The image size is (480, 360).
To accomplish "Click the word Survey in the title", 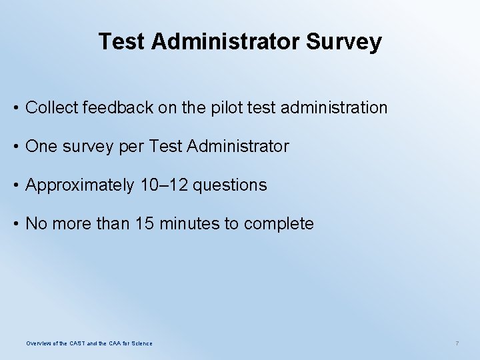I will (344, 42).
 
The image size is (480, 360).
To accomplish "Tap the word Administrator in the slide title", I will (226, 42).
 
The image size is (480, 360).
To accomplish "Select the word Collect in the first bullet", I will (51, 107).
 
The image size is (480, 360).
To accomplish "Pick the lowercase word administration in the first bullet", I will (341, 107).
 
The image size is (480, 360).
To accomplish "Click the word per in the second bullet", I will (131, 147).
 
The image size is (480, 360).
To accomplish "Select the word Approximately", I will (79, 185).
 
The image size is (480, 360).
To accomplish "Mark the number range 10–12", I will (164, 185).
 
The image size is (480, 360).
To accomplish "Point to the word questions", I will (230, 185).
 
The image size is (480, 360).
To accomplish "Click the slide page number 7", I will (457, 343).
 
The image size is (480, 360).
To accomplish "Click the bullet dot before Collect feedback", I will (15, 107).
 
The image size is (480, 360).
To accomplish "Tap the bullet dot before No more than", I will (15, 223).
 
